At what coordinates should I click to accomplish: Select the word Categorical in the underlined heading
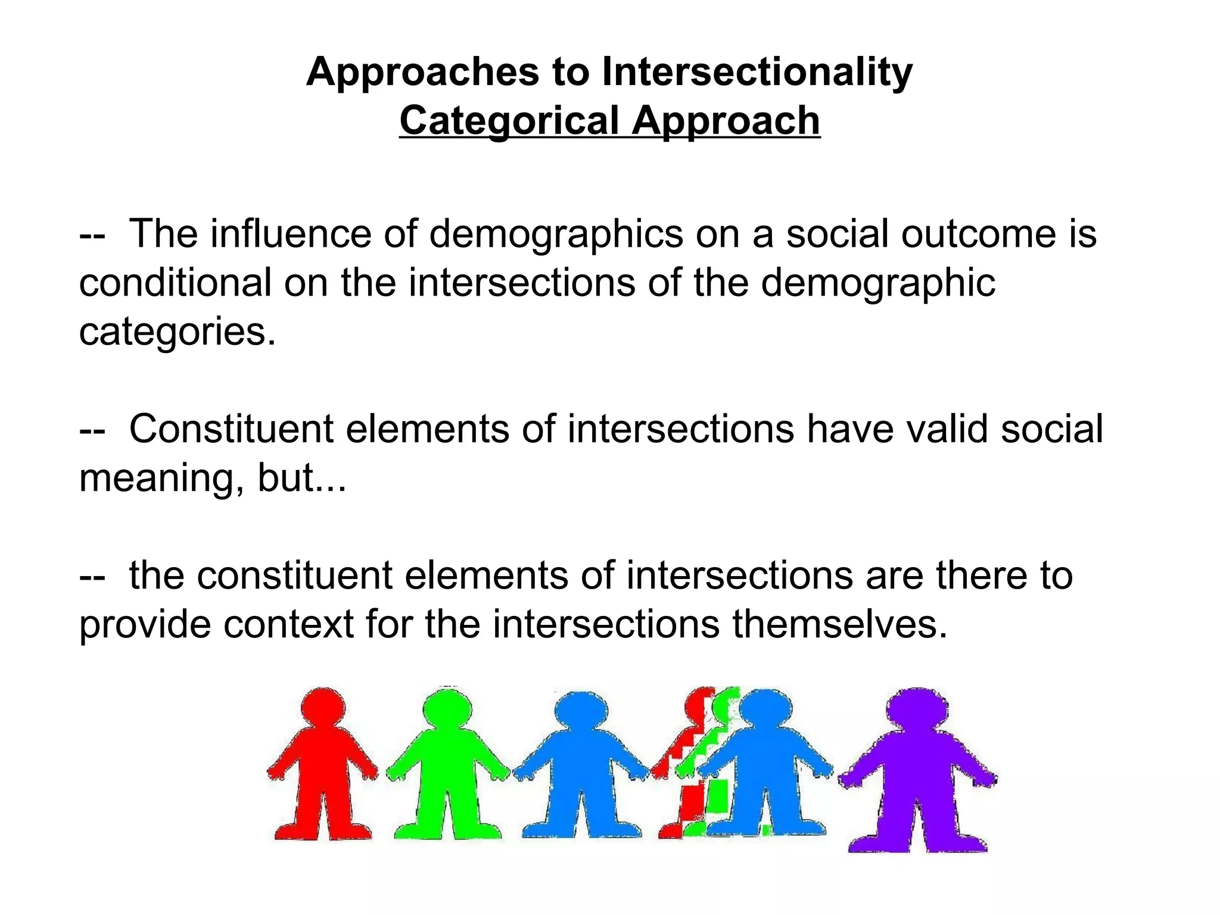(x=509, y=121)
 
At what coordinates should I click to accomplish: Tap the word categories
(x=177, y=332)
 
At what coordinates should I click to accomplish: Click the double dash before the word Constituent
(x=92, y=430)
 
